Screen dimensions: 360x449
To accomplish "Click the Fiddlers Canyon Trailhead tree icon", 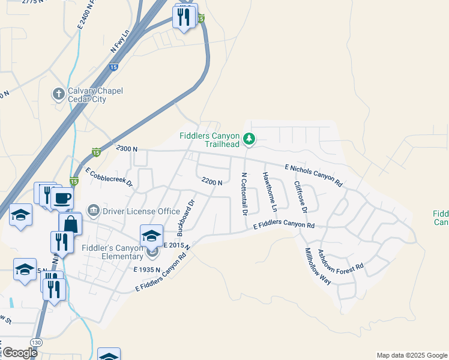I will [249, 140].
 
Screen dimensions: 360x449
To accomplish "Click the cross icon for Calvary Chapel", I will [58, 94].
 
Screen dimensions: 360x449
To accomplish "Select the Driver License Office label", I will [142, 211].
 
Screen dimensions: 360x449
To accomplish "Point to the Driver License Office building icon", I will [94, 211].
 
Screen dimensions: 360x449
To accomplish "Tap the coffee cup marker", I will [61, 198].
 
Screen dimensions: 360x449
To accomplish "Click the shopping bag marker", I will [70, 224].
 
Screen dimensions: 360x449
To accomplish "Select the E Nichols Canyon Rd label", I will [313, 175].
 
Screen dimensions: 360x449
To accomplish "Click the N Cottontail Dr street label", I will [244, 194].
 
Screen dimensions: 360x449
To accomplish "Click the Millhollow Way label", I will [318, 266].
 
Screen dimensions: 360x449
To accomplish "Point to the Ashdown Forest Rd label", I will [340, 260].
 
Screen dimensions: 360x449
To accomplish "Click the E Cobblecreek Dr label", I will [109, 178].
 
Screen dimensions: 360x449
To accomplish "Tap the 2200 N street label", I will [212, 181].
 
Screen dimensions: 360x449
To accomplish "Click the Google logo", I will [19, 353].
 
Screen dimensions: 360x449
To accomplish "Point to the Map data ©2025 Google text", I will [412, 355].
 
